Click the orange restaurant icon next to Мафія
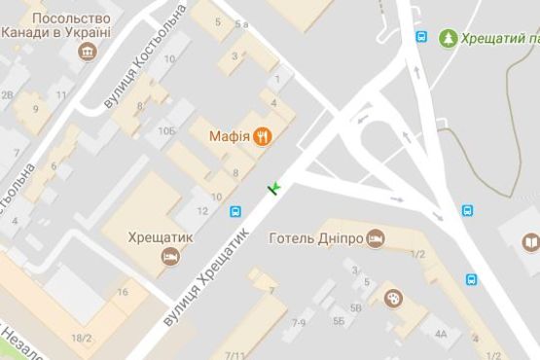point(262,136)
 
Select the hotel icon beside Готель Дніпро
point(377,238)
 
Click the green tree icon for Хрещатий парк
point(448,38)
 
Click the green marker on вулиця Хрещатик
point(274,186)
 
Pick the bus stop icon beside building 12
point(235,211)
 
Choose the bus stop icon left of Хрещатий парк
point(421,38)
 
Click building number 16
point(123,292)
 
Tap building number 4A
point(441,334)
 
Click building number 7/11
point(234,355)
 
